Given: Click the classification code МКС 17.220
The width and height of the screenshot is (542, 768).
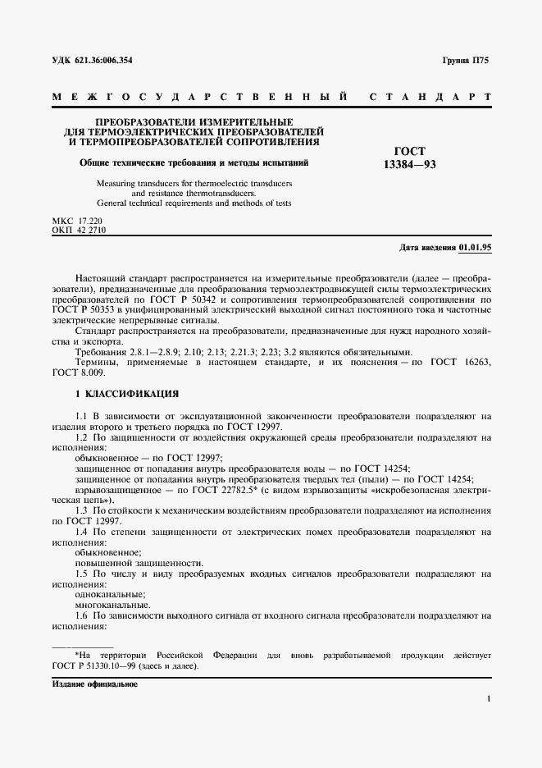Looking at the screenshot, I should point(78,222).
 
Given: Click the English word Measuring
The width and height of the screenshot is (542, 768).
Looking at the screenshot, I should point(117,183).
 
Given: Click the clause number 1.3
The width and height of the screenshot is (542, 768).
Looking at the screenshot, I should point(81,510).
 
